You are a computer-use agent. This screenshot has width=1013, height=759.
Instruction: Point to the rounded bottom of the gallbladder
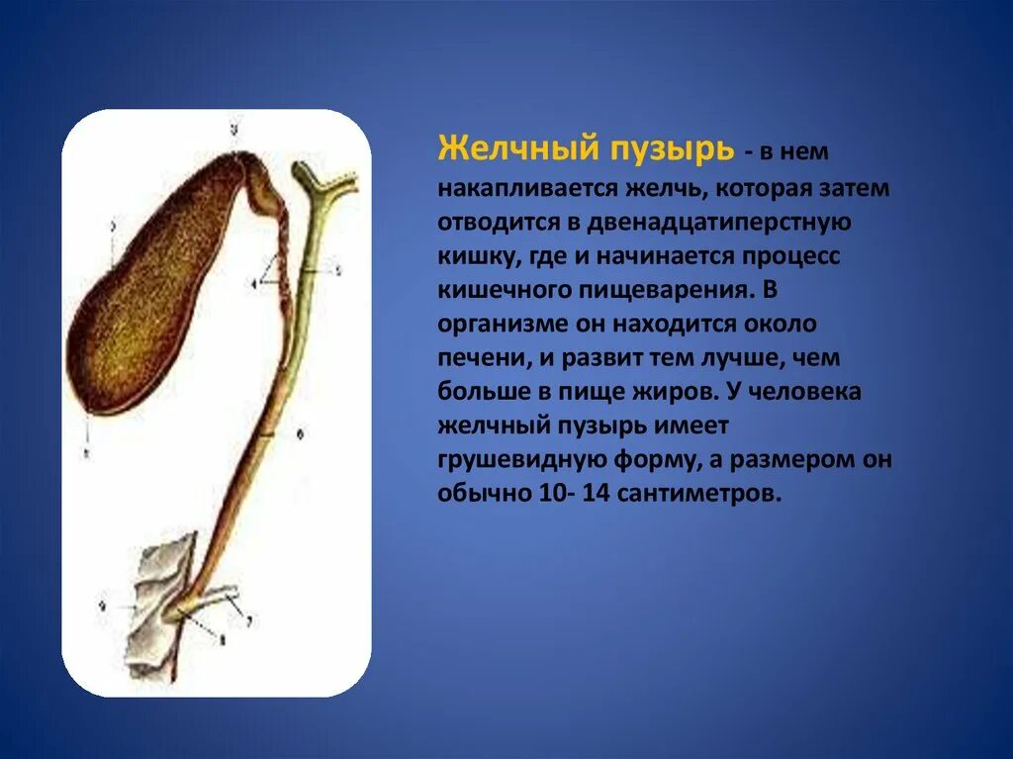tap(109, 366)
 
